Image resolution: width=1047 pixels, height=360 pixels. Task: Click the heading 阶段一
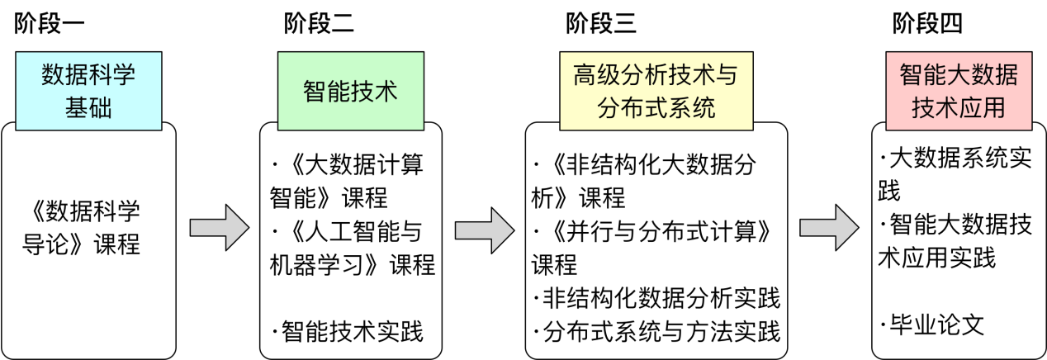(x=50, y=24)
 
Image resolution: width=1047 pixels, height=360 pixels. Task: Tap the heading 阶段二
(x=319, y=24)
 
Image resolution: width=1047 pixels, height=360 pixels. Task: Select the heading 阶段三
(x=600, y=24)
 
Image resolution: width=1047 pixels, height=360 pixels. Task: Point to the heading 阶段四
(x=927, y=24)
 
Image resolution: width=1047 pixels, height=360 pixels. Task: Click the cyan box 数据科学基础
(x=88, y=91)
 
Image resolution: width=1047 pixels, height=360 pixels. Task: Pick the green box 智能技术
(x=350, y=90)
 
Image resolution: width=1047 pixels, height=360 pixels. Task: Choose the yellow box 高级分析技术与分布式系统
(x=656, y=91)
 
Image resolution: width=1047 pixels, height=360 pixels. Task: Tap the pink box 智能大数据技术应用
(x=959, y=91)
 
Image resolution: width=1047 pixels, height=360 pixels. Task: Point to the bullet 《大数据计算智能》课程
(x=347, y=181)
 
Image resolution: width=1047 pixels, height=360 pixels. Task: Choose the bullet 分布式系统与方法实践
(x=656, y=332)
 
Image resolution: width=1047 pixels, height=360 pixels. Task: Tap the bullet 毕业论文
(x=932, y=324)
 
